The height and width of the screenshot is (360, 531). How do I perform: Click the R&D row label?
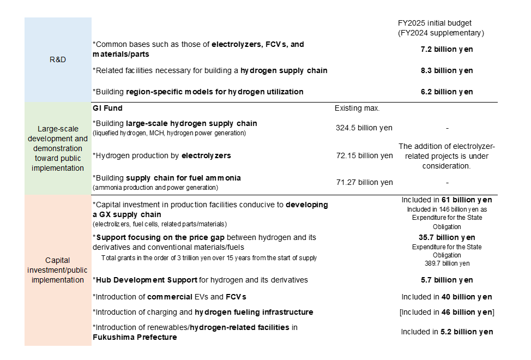[x=57, y=59]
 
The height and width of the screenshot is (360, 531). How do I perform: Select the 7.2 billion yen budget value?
[x=446, y=49]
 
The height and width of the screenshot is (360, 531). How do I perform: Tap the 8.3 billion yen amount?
[x=446, y=70]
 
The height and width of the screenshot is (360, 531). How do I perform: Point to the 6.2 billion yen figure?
[x=446, y=92]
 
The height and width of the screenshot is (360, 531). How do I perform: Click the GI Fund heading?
[x=108, y=109]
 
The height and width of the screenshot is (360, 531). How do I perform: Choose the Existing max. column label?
[x=357, y=109]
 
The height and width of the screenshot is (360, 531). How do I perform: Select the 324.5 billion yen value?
[x=364, y=128]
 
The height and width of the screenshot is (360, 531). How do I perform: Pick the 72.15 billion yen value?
[x=364, y=155]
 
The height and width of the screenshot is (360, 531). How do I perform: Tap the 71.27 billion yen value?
[x=364, y=182]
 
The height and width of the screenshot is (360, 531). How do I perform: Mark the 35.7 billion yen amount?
[x=446, y=237]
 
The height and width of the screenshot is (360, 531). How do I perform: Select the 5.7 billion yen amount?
[x=446, y=280]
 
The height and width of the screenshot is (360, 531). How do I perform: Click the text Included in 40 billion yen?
[x=446, y=297]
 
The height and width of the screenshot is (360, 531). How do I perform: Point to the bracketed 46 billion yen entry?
[x=446, y=312]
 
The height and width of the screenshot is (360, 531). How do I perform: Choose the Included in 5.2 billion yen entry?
[x=446, y=332]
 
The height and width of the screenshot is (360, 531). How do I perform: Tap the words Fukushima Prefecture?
[x=135, y=337]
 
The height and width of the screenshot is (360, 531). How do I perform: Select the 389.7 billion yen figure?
[x=446, y=263]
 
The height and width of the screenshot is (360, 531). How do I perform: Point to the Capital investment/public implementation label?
[x=57, y=270]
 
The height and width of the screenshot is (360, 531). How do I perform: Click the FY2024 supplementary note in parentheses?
[x=441, y=33]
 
